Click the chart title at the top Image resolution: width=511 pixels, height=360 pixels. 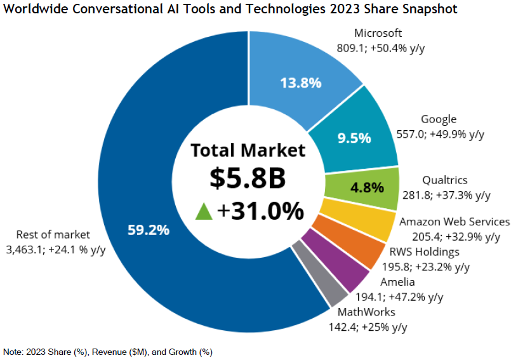(230, 10)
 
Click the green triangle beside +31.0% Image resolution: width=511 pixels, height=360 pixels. (203, 211)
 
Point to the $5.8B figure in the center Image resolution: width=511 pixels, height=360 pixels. (248, 179)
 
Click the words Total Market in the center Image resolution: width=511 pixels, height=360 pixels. (248, 150)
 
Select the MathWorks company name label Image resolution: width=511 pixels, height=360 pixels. (366, 312)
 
